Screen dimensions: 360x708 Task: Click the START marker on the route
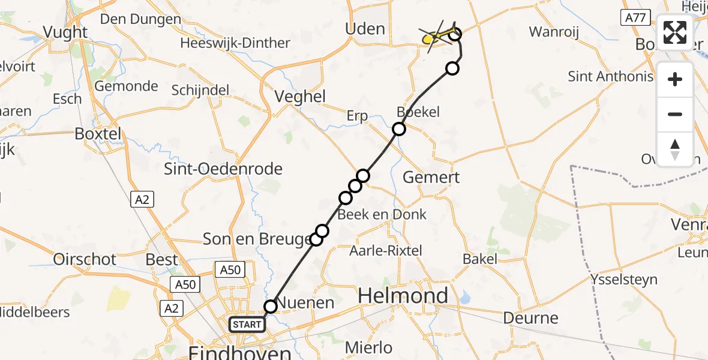click(x=247, y=325)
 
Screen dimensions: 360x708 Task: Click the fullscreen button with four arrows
click(x=675, y=32)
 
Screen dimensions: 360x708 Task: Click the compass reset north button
click(x=675, y=149)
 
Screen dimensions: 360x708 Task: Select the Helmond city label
click(x=403, y=295)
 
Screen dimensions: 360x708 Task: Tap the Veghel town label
click(x=299, y=96)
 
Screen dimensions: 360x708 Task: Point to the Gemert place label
click(x=431, y=177)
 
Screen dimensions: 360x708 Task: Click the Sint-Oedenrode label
click(x=223, y=169)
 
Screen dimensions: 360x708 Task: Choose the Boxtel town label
click(x=98, y=133)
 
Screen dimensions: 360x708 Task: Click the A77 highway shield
click(x=635, y=18)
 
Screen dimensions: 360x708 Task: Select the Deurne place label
click(x=531, y=317)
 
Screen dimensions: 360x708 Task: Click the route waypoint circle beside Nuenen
click(x=271, y=307)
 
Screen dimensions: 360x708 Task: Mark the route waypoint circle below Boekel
click(x=399, y=128)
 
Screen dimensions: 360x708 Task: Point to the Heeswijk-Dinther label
click(x=235, y=43)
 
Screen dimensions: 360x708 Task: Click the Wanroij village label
click(x=554, y=32)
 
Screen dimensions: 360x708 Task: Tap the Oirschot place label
click(x=85, y=259)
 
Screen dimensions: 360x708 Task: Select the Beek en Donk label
click(x=382, y=214)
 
